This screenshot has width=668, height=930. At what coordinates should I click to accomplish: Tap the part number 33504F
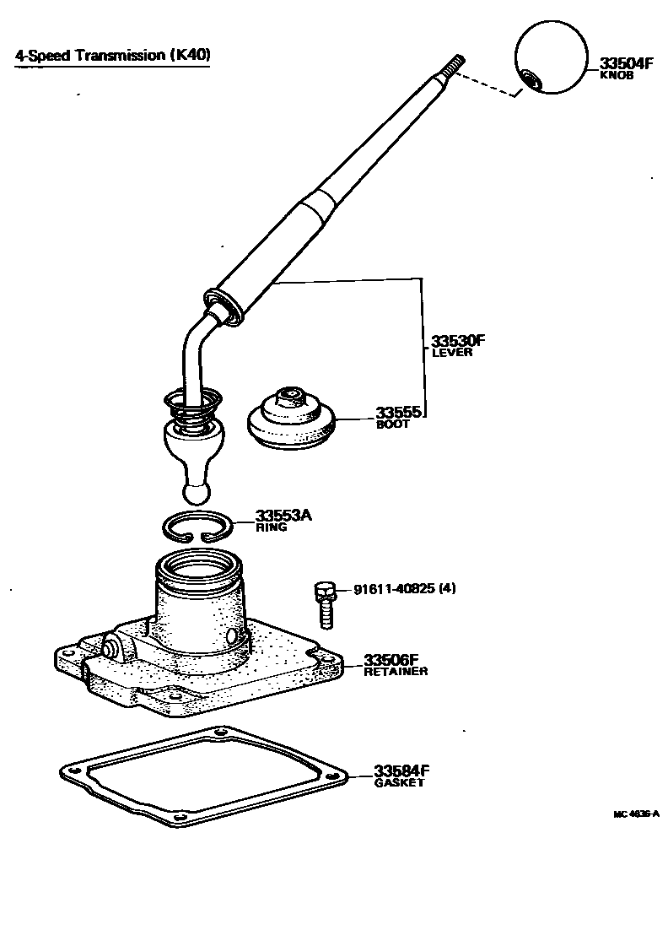[x=628, y=63]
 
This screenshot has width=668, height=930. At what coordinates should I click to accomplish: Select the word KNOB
[x=616, y=75]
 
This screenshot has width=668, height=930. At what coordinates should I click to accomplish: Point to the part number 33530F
[x=459, y=341]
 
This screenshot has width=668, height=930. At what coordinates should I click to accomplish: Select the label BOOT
[x=393, y=424]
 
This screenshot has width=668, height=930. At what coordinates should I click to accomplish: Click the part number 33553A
[x=283, y=516]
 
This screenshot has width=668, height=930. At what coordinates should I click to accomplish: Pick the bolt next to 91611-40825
[x=325, y=603]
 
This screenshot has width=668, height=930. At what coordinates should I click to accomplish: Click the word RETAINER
[x=396, y=672]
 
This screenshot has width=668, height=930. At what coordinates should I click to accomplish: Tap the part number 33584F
[x=401, y=771]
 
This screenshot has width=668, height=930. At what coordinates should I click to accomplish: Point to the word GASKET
[x=399, y=783]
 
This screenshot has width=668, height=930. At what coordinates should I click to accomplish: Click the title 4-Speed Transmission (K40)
[x=112, y=56]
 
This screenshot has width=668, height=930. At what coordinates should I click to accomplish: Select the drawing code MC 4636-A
[x=635, y=814]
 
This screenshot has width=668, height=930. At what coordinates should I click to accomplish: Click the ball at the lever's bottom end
[x=196, y=492]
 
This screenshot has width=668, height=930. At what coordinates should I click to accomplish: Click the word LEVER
[x=451, y=353]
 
